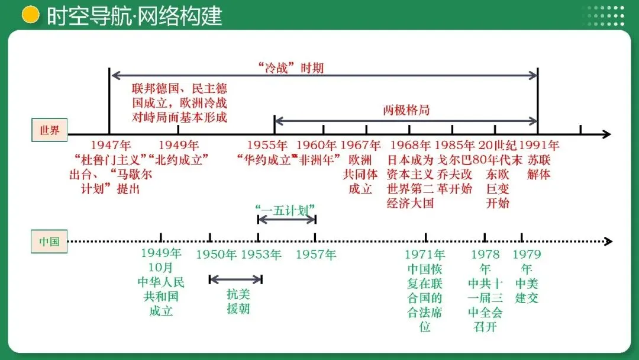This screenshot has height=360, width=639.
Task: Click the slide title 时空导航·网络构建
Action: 134,16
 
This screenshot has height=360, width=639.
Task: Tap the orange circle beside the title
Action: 30,15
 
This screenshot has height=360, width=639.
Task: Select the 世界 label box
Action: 49,130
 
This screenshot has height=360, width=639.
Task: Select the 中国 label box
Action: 49,241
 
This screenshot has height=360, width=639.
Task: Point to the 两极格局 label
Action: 406,111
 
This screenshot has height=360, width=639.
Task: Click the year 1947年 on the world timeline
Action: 111,145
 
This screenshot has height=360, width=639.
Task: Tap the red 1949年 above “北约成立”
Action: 179,145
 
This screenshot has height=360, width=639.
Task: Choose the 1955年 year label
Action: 267,145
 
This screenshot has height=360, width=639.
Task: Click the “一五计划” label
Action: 286,208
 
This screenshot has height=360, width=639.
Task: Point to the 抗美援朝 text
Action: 238,301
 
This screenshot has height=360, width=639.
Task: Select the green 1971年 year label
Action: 425,255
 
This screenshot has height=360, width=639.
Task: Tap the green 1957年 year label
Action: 315,255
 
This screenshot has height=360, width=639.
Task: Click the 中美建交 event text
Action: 527,290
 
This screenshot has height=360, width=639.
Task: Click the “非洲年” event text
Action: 319,159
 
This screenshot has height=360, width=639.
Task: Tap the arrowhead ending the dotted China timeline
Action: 608,242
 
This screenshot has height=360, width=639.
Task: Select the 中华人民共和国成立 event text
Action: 161,296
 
